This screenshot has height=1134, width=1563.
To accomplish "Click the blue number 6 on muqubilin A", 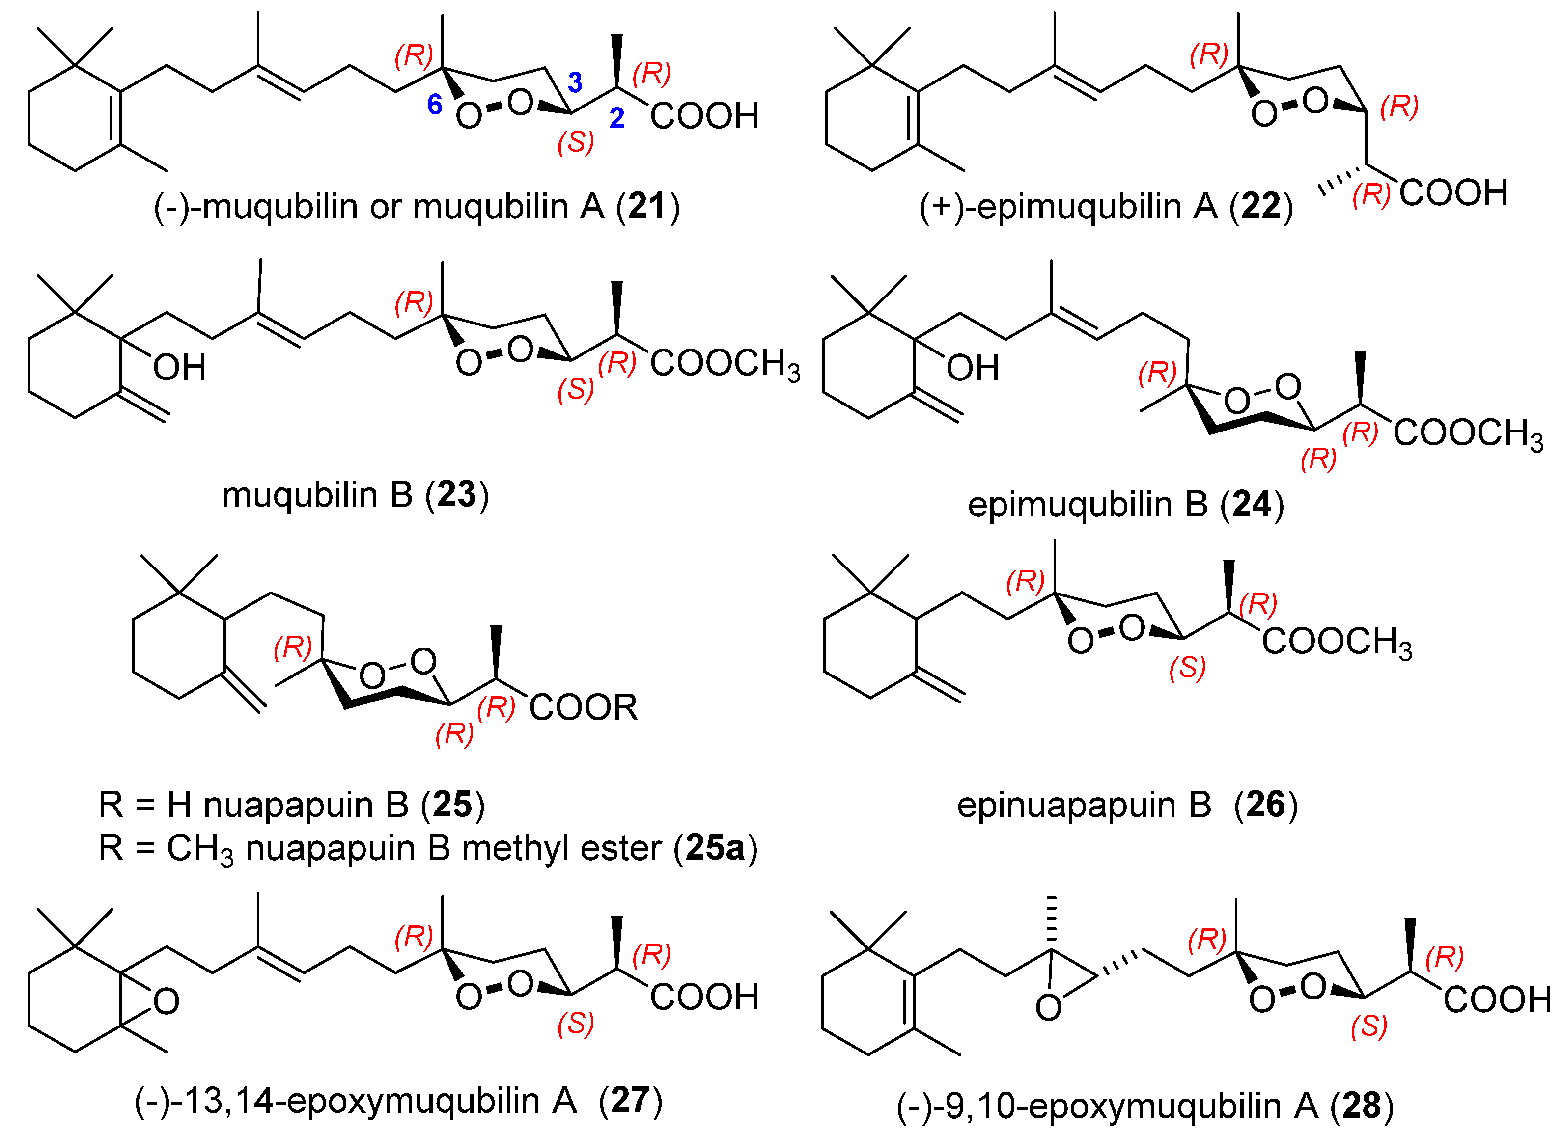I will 434,105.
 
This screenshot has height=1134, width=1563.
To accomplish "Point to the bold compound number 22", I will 1260,206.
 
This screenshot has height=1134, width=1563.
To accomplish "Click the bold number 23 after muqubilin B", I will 456,495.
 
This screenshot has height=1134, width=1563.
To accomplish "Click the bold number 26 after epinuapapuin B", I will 1266,805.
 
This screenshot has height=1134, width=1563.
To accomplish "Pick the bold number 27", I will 630,1100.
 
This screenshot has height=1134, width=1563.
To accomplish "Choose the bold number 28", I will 1361,1106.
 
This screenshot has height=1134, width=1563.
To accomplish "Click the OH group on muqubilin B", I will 179,368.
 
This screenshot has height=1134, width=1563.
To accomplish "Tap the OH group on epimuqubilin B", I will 973,368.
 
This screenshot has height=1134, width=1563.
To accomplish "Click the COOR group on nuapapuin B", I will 583,707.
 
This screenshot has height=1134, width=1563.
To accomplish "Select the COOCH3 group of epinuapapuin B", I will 1336,642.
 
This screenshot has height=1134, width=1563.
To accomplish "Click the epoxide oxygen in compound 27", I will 166,1002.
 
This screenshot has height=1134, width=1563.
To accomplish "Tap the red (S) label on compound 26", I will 1187,668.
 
